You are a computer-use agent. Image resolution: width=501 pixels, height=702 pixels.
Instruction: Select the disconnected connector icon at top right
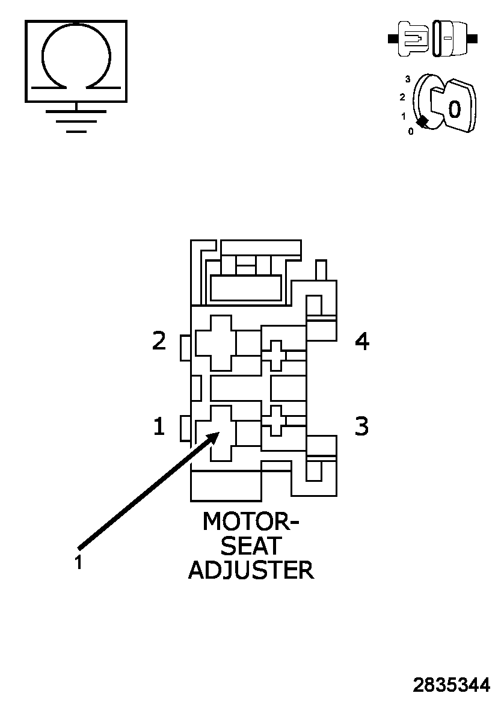(x=432, y=39)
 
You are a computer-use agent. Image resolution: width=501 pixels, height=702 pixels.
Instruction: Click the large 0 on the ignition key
(x=455, y=109)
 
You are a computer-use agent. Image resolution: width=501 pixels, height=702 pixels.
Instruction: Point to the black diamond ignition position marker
(x=423, y=122)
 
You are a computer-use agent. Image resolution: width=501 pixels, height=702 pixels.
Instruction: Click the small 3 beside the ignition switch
(x=408, y=79)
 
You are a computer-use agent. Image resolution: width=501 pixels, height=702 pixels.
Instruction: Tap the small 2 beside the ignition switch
(x=402, y=97)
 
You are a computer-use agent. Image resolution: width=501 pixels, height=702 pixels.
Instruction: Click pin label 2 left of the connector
(x=159, y=342)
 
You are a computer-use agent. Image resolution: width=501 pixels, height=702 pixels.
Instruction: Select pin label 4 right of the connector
(x=361, y=342)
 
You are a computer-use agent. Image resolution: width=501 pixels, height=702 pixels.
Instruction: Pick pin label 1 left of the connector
(x=159, y=427)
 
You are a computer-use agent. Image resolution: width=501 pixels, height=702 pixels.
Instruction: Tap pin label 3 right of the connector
(x=361, y=426)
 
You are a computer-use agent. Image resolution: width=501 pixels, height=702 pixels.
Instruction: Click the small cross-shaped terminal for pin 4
(x=276, y=355)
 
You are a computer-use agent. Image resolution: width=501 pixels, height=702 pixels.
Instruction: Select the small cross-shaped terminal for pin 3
(x=276, y=420)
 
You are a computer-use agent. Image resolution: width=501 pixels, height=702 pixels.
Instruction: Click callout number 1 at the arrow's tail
(x=78, y=562)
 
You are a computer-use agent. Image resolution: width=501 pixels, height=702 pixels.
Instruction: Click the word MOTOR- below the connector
(x=250, y=522)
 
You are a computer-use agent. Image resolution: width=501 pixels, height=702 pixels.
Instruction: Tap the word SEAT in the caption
(x=251, y=546)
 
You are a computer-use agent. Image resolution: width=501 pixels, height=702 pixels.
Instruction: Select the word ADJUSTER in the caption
(x=251, y=570)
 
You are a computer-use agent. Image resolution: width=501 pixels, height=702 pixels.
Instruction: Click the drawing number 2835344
(x=451, y=685)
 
